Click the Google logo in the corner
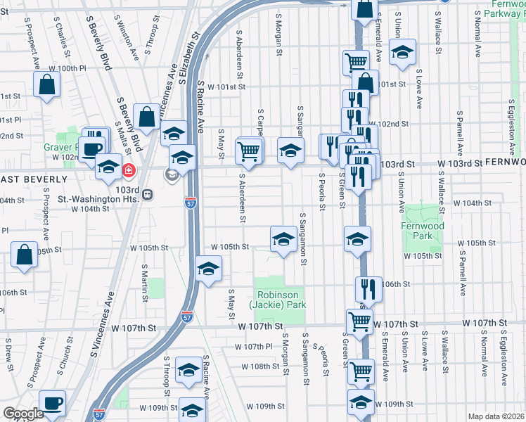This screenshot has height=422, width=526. (23, 414)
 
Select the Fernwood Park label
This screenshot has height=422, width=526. (423, 231)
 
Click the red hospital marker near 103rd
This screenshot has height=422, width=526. (129, 170)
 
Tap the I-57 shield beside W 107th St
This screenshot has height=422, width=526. (187, 318)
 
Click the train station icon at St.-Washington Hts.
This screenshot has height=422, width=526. (147, 195)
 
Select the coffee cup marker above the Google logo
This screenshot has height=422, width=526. (52, 402)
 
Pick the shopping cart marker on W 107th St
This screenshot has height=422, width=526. (360, 321)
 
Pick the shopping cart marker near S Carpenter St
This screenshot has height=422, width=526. (250, 149)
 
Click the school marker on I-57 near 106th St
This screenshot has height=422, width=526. (208, 269)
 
